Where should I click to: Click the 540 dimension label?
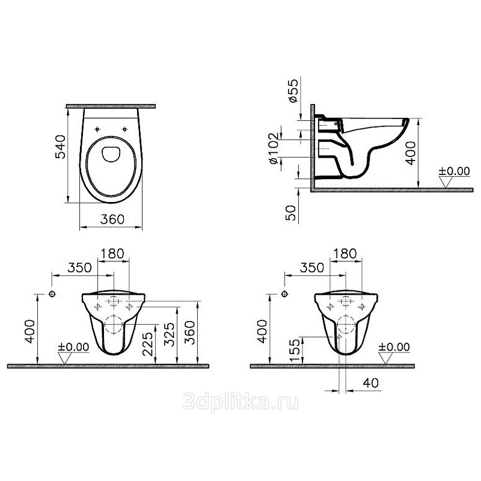[61, 147]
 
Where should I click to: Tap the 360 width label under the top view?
[112, 219]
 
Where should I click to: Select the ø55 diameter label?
[293, 91]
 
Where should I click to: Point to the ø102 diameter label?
[275, 148]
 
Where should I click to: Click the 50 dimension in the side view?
[291, 213]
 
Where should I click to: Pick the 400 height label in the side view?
[411, 153]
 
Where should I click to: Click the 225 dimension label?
[149, 344]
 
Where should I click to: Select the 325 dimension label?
[170, 334]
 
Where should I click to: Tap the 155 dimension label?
[295, 351]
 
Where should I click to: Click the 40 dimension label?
[370, 383]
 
